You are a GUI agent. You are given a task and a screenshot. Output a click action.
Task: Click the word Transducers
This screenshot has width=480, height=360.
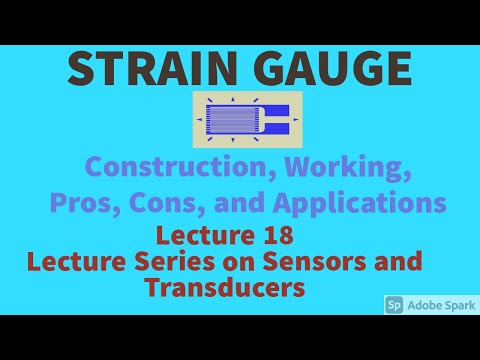pyautogui.click(x=224, y=287)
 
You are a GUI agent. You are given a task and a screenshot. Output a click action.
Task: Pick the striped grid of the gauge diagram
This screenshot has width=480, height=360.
pyautogui.click(x=232, y=119)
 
